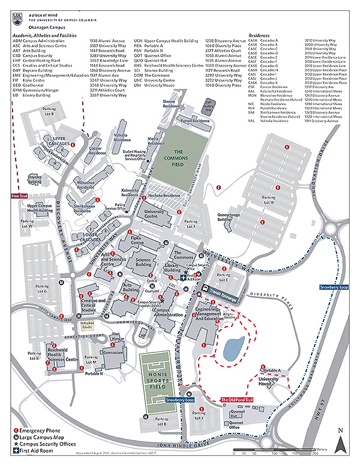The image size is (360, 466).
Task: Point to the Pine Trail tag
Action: [20, 196]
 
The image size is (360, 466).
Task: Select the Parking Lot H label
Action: [269, 200]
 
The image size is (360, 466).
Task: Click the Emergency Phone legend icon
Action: [16, 431]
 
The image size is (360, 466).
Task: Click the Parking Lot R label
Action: [49, 111]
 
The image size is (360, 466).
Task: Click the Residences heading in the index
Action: [260, 36]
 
